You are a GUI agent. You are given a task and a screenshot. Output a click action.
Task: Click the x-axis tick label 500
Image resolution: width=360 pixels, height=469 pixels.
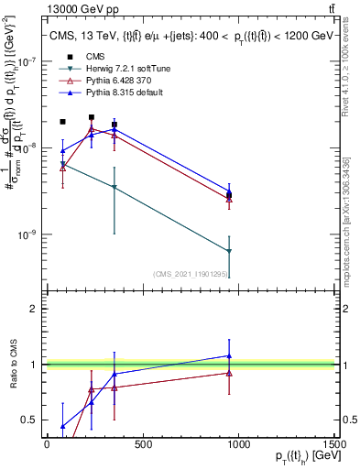pos(143,444)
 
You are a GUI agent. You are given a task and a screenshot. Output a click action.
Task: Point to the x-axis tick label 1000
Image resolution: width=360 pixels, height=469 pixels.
pos(239,444)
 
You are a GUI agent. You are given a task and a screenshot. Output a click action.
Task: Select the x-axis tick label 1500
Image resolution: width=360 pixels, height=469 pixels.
pos(335,444)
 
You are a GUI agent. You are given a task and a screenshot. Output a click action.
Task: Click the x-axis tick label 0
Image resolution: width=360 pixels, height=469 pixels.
pos(47,444)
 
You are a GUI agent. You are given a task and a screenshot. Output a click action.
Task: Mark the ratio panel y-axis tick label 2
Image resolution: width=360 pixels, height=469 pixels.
pos(33,309)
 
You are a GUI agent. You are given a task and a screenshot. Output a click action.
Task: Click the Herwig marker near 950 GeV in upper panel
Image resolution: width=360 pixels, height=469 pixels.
pos(229,251)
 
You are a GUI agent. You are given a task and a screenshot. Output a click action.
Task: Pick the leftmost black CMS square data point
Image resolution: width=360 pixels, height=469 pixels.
pos(62,122)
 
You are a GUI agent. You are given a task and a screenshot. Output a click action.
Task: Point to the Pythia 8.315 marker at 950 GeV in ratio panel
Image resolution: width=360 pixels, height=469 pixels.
pos(229,355)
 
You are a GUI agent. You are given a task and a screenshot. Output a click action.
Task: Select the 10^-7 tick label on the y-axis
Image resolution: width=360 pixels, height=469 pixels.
pos(26,61)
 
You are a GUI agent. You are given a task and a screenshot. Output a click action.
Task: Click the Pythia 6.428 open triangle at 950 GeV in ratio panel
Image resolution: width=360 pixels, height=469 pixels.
pos(229,373)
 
